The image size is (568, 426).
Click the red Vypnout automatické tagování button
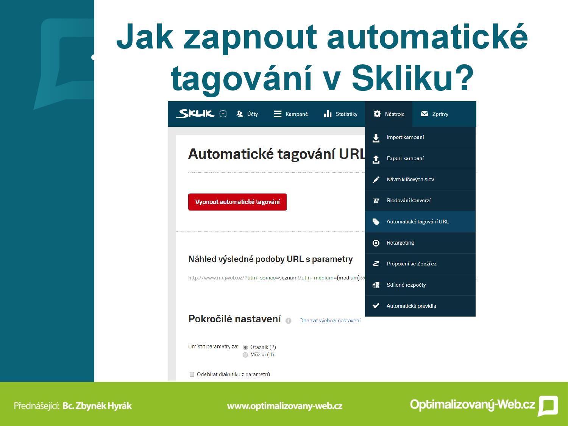237,202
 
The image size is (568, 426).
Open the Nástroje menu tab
389,114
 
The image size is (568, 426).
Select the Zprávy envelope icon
424,114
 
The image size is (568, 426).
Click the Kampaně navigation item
291,114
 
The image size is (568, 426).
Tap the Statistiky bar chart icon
328,114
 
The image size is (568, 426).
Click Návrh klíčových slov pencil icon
376,179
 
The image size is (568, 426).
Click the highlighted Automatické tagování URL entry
420,222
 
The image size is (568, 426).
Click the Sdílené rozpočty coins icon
376,285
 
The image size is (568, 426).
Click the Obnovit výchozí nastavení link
330,320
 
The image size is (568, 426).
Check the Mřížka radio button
245,355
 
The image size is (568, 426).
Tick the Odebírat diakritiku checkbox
192,374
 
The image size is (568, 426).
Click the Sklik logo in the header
196,114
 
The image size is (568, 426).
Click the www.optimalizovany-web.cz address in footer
285,406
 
